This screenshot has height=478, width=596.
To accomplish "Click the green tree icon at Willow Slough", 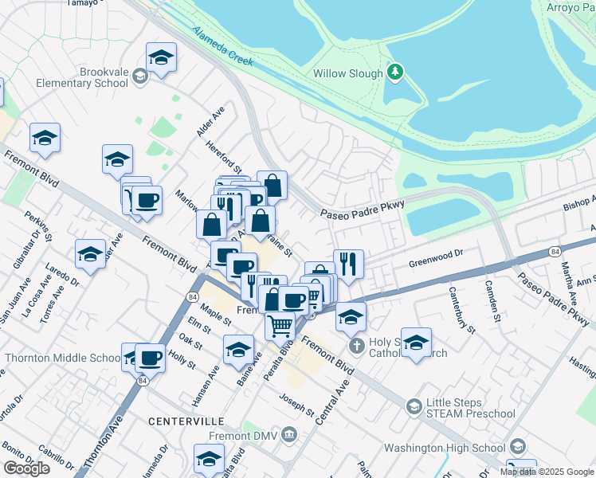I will pyautogui.click(x=394, y=73).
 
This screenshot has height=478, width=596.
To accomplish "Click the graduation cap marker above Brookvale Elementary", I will pyautogui.click(x=161, y=57).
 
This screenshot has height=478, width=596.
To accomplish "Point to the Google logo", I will pyautogui.click(x=26, y=468).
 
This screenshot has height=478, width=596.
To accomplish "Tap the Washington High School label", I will pyautogui.click(x=445, y=447).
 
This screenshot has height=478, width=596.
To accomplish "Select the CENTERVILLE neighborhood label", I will pyautogui.click(x=182, y=419).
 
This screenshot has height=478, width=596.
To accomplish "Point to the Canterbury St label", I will pyautogui.click(x=461, y=310).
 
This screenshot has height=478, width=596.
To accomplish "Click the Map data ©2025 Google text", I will pyautogui.click(x=547, y=472).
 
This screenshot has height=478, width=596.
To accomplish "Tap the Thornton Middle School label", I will pyautogui.click(x=61, y=358).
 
